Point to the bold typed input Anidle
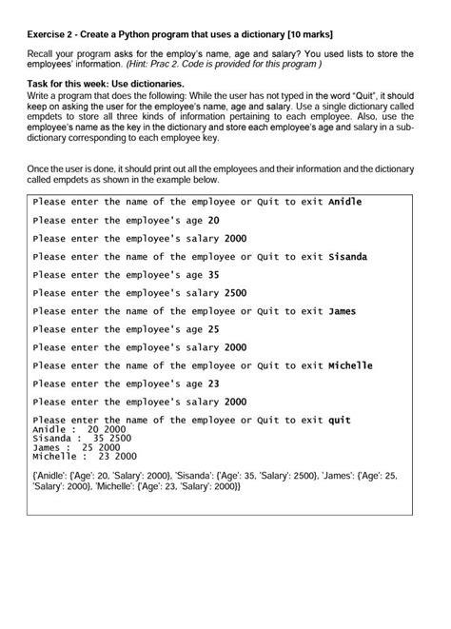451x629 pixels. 344,203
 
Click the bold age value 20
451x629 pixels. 213,221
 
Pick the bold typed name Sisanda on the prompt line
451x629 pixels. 347,257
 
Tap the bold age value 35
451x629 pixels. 213,275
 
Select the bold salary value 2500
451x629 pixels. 236,293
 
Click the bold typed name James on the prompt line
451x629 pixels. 343,311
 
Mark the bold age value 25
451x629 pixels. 213,329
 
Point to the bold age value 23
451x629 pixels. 213,383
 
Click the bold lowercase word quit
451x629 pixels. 340,421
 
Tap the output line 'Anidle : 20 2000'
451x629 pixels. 79,430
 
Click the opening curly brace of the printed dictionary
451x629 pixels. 34,475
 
